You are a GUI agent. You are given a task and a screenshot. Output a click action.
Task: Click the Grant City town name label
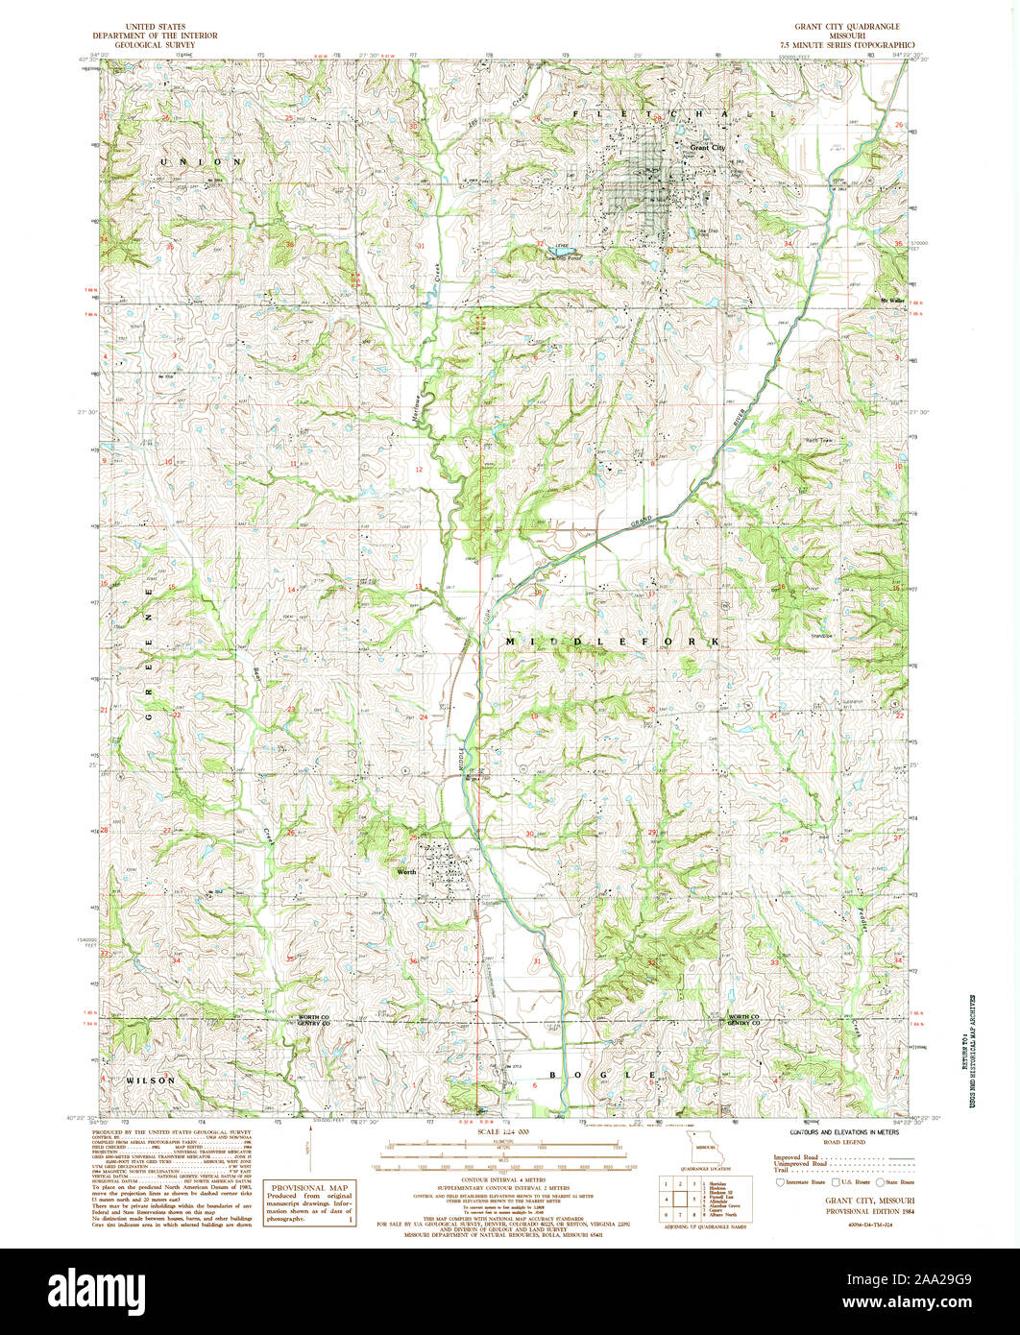pyautogui.click(x=708, y=148)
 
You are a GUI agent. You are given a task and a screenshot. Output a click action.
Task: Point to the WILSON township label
pyautogui.click(x=151, y=1080)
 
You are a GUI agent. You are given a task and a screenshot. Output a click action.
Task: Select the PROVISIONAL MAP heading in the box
pyautogui.click(x=308, y=1188)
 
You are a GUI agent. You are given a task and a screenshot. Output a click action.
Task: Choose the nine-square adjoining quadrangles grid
pyautogui.click(x=677, y=1199)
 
